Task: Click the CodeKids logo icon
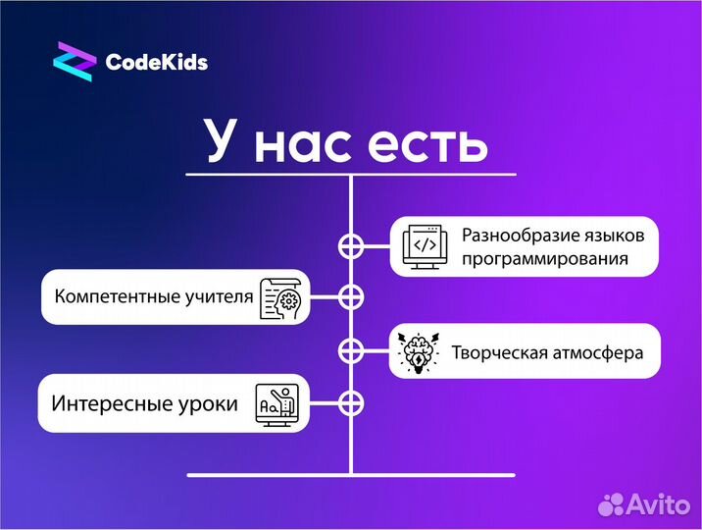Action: point(74,62)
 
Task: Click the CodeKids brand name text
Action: point(156,63)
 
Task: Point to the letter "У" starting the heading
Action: point(224,143)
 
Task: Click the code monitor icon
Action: point(425,246)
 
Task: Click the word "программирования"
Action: point(545,260)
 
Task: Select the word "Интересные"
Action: point(110,402)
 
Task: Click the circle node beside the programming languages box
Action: point(350,245)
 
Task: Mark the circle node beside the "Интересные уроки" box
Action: point(350,402)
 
